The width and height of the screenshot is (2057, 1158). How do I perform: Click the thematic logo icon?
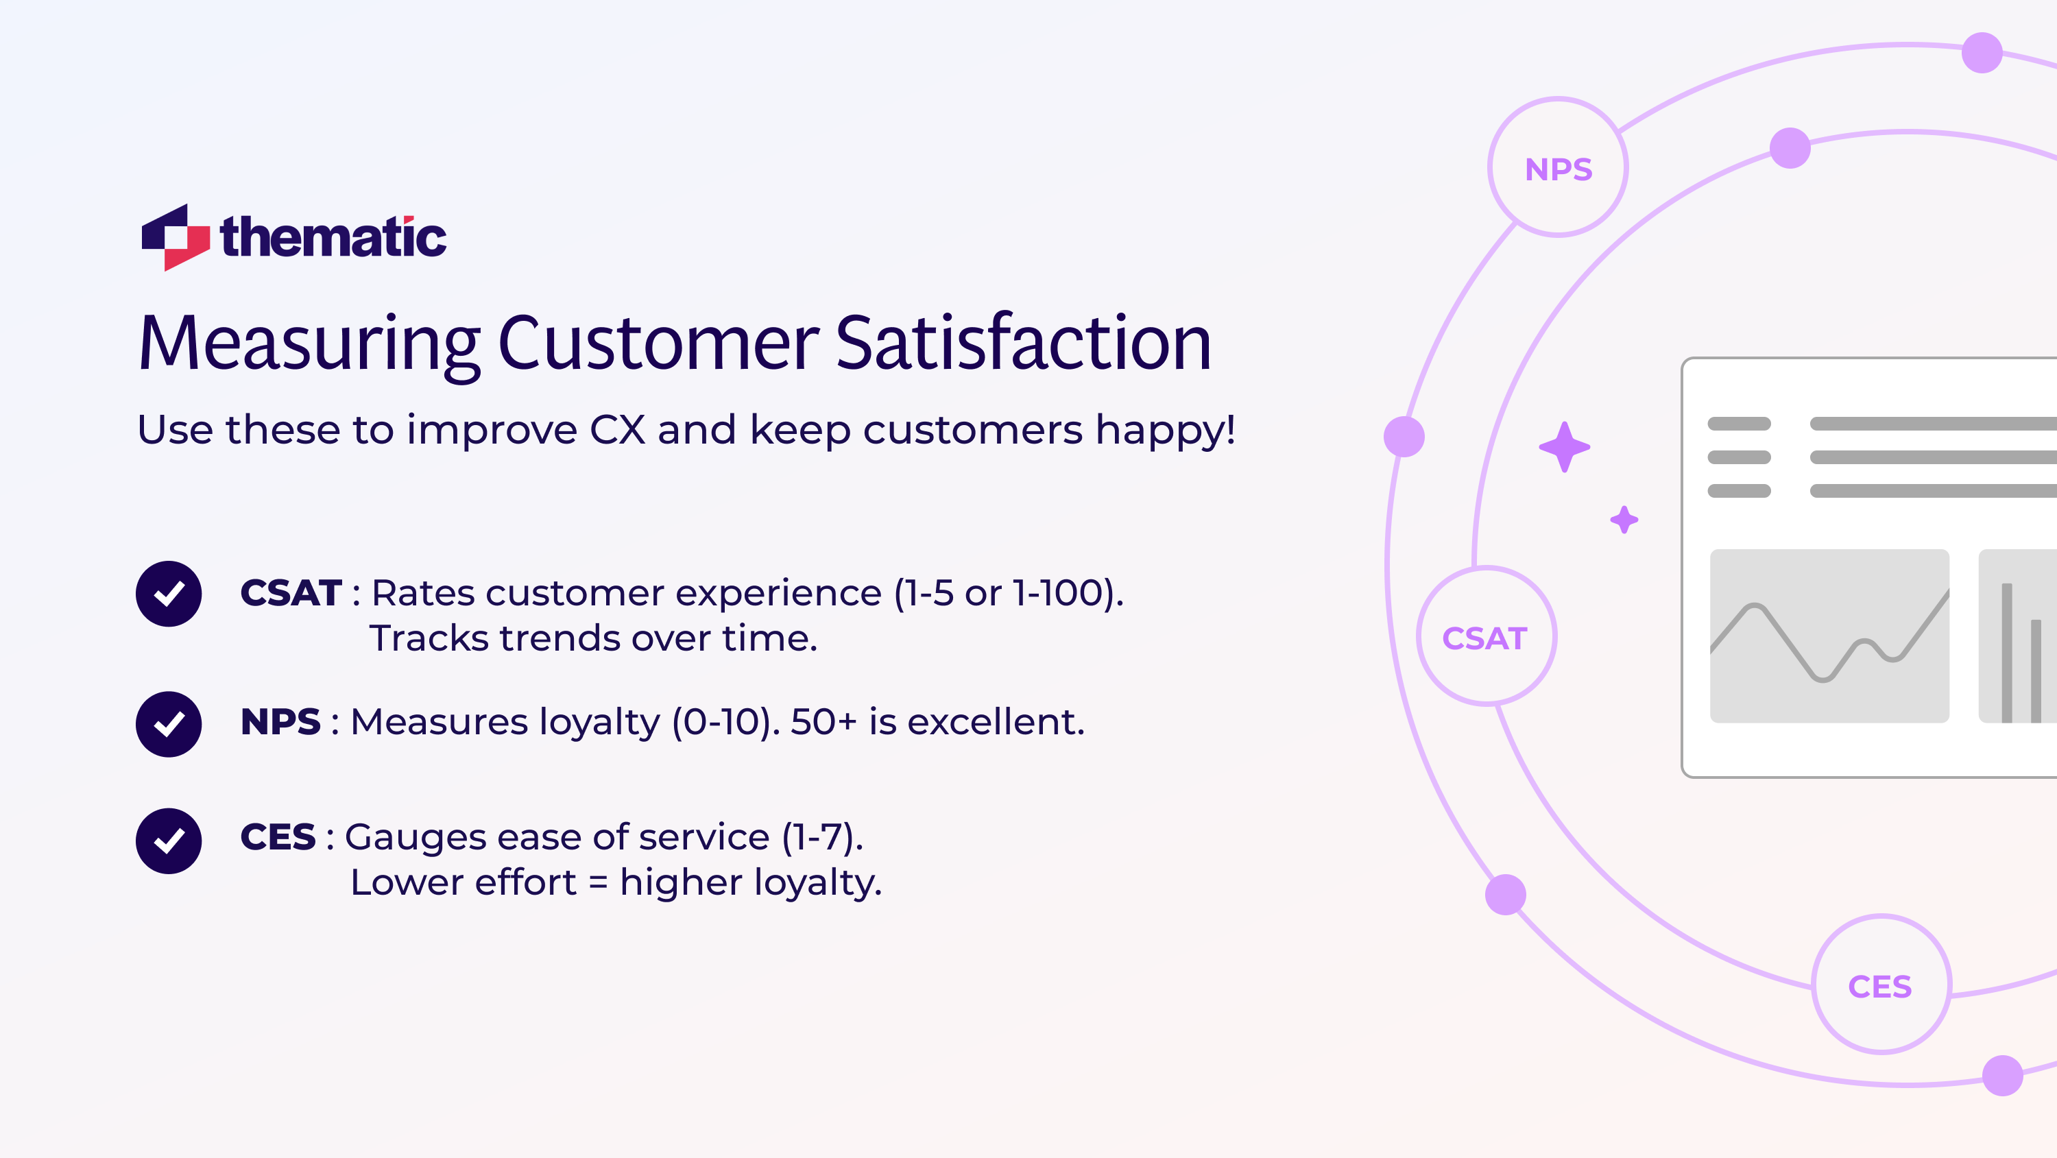[x=175, y=237]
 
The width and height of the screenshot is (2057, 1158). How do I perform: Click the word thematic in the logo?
[x=333, y=237]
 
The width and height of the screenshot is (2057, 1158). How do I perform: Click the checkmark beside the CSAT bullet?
[x=169, y=593]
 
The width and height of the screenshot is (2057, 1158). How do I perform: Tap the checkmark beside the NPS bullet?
[x=169, y=723]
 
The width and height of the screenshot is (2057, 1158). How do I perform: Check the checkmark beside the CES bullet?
[x=169, y=840]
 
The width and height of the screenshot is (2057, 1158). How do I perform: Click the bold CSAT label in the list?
[x=291, y=593]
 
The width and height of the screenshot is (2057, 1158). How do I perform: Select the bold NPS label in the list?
[x=280, y=722]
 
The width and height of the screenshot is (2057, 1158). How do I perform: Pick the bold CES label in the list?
[x=278, y=837]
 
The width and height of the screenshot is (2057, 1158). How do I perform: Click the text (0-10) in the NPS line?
[x=725, y=722]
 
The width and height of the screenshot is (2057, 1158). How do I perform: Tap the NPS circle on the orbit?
[x=1558, y=169]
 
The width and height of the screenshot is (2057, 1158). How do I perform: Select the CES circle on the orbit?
[x=1881, y=985]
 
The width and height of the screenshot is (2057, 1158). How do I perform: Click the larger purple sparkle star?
[x=1564, y=447]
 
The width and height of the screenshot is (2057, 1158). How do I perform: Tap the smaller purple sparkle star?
[x=1624, y=520]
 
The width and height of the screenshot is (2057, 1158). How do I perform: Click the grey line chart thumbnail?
[x=1829, y=636]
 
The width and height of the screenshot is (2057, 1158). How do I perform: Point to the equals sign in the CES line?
[x=598, y=883]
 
